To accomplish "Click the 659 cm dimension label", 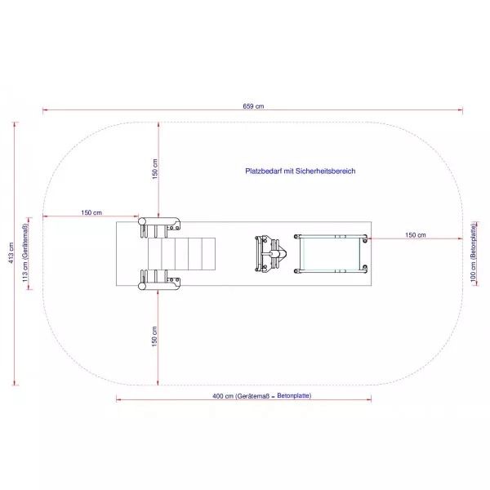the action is [253, 106].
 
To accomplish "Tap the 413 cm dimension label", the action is [11, 252].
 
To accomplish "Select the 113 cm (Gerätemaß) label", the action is [25, 253].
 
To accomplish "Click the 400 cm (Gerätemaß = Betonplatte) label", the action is [262, 396].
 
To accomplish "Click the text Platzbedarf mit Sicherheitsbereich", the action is [301, 171].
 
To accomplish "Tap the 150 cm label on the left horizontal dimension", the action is [91, 212].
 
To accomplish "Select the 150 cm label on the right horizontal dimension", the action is [416, 235].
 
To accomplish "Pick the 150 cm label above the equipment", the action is [155, 169].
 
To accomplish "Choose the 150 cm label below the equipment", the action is [154, 336].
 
